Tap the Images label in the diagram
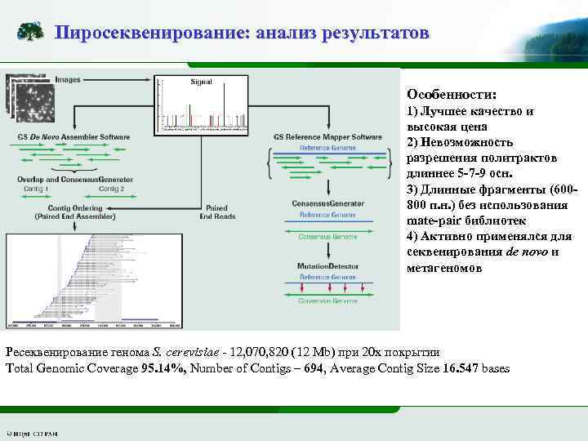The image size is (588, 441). [x=69, y=80]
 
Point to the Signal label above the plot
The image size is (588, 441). [x=201, y=82]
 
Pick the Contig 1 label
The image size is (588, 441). [x=37, y=189]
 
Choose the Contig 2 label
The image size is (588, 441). [x=112, y=189]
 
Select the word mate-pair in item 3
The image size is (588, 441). [x=434, y=221]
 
